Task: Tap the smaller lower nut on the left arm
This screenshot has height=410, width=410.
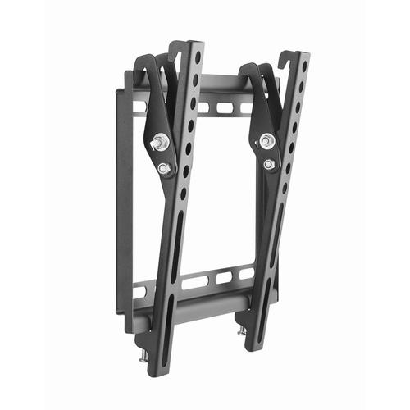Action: (x=163, y=168)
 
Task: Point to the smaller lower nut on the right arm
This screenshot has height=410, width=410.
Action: (x=269, y=165)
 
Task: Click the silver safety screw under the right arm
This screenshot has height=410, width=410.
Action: (x=242, y=331)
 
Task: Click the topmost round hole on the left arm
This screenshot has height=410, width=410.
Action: (x=198, y=58)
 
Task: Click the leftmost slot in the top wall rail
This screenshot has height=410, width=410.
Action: (x=141, y=107)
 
